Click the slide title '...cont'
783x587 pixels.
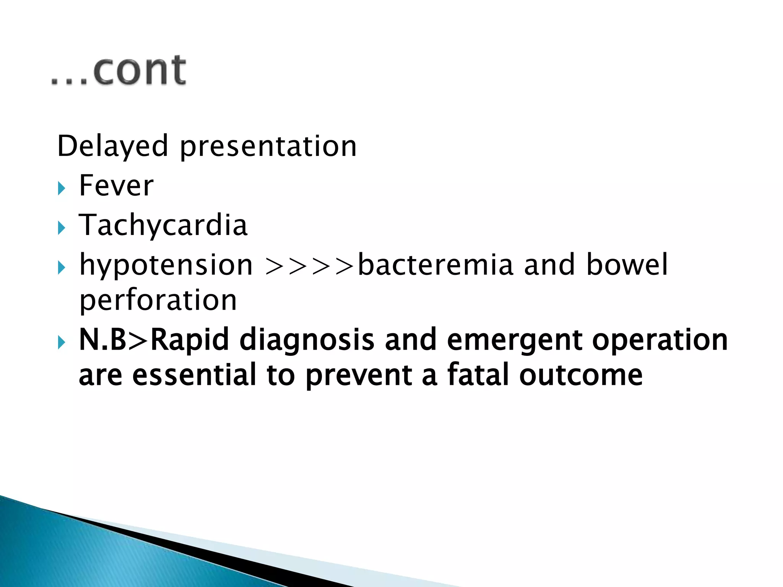click(x=119, y=71)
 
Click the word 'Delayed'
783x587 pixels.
click(x=112, y=146)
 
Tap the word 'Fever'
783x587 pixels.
click(x=116, y=186)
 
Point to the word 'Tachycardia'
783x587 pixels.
click(x=163, y=225)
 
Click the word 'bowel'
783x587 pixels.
click(x=627, y=264)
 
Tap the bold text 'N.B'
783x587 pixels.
click(x=102, y=340)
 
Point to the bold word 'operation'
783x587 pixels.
click(x=660, y=340)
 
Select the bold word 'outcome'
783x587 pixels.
click(x=581, y=376)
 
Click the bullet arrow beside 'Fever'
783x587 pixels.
click(x=62, y=188)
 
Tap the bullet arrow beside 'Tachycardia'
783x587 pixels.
click(x=62, y=228)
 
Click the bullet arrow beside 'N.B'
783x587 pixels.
click(x=62, y=342)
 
